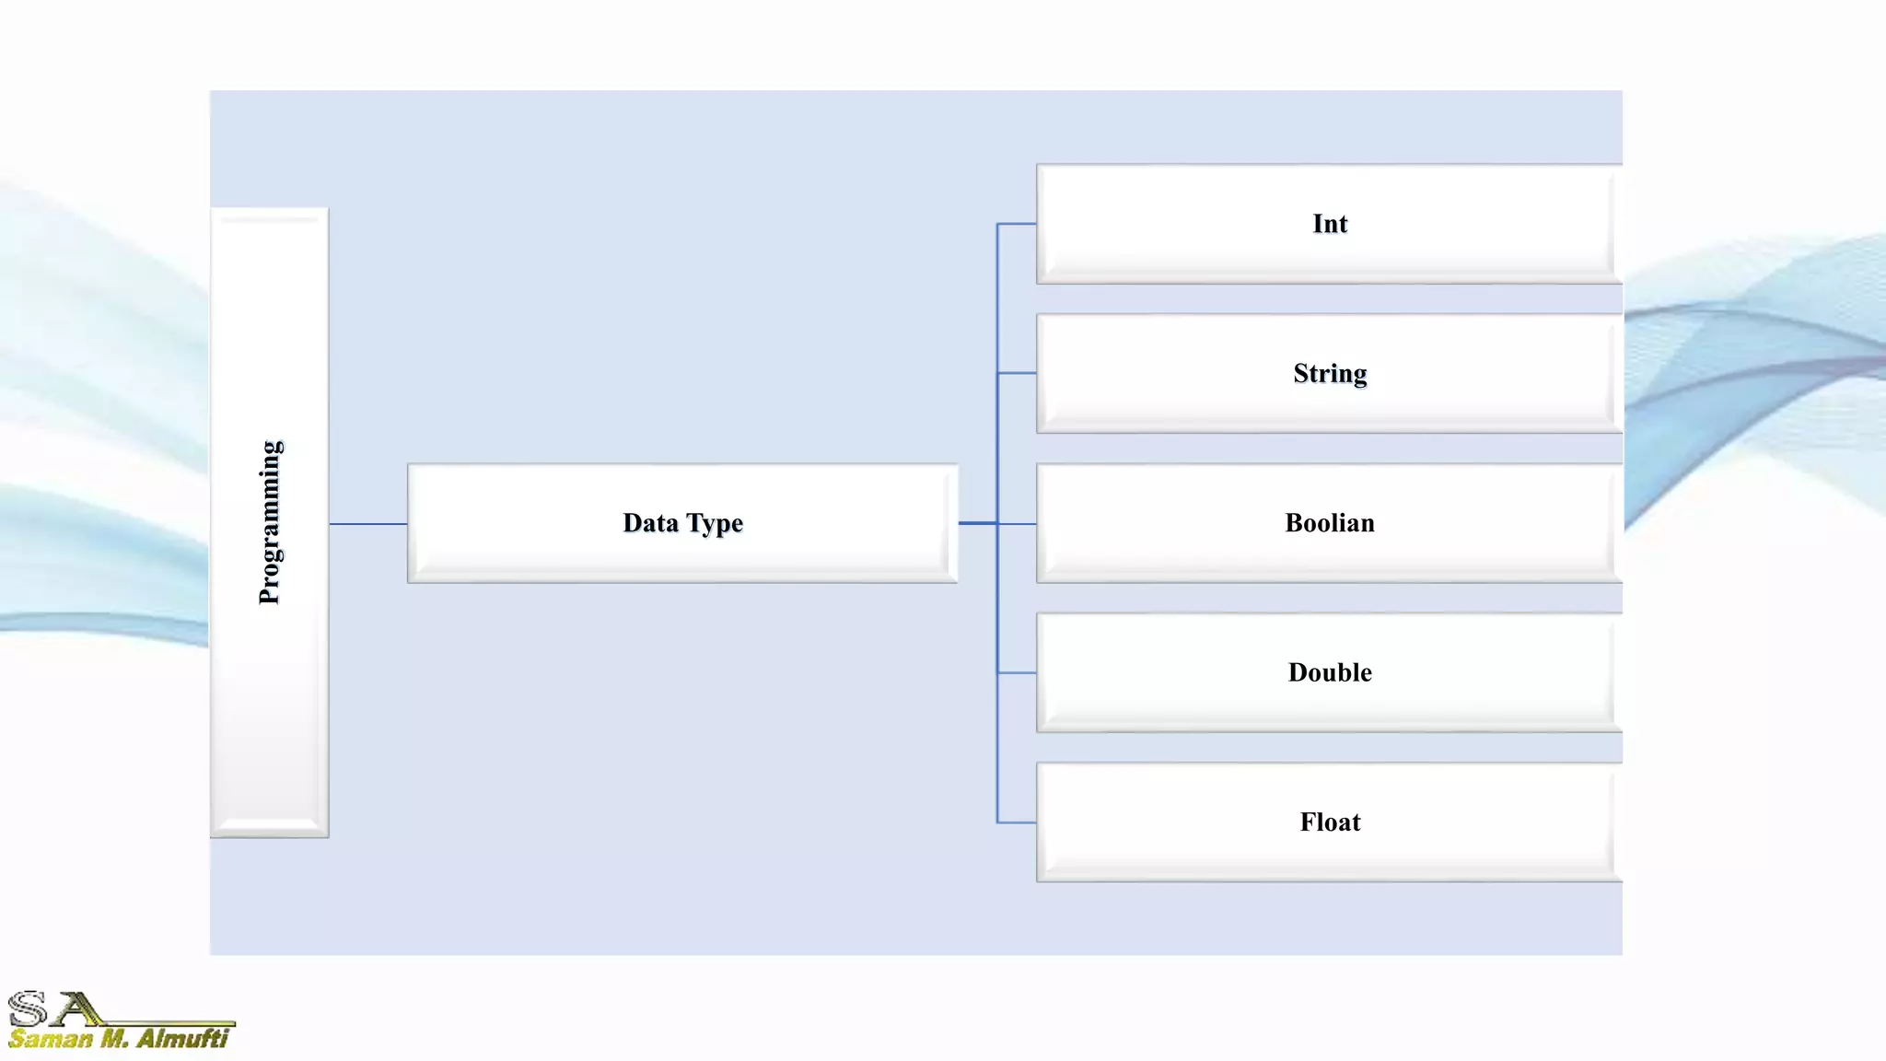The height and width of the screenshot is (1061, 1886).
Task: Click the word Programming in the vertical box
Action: (270, 522)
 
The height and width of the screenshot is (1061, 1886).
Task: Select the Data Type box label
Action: (682, 523)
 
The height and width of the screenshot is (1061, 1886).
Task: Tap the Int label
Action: (1330, 224)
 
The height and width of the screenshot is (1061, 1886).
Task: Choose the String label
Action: (1330, 374)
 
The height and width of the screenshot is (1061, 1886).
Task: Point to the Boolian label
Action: (1330, 523)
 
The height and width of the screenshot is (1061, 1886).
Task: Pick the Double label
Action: (1330, 672)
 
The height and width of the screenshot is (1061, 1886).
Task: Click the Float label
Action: (1330, 822)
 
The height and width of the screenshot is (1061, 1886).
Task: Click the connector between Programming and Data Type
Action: (368, 524)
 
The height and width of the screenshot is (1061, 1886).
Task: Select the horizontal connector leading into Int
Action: (1017, 224)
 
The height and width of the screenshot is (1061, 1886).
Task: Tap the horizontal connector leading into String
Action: (1017, 373)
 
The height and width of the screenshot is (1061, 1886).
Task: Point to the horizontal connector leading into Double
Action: (1017, 673)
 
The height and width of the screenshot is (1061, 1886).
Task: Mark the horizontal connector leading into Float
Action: (1017, 822)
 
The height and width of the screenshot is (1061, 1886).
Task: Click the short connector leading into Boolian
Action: (1017, 524)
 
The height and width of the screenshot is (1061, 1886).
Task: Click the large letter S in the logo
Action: (28, 1009)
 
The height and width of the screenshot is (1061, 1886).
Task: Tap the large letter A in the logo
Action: (77, 1009)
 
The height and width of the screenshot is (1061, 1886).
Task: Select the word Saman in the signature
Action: (51, 1040)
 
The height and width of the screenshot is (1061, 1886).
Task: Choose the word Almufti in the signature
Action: (182, 1040)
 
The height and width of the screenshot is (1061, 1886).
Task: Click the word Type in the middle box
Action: (714, 523)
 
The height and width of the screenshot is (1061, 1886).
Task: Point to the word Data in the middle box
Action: (650, 523)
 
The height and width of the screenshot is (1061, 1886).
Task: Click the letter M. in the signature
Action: (114, 1040)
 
